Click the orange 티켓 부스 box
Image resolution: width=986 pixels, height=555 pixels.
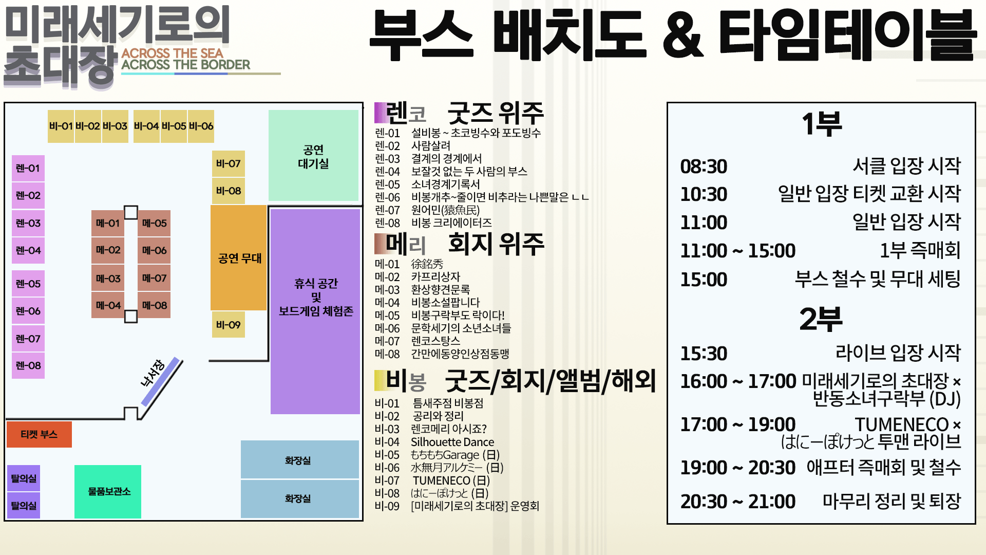39,434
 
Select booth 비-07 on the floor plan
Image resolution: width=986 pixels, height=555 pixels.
229,163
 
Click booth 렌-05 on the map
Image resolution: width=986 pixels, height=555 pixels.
28,284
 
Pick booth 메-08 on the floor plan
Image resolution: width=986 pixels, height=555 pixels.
154,305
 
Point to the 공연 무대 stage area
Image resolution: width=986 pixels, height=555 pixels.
239,257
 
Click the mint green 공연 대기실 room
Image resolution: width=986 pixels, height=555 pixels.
313,155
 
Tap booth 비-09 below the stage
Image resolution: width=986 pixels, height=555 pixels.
229,325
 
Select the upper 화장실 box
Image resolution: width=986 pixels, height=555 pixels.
299,460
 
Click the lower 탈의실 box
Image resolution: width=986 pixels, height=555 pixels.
24,506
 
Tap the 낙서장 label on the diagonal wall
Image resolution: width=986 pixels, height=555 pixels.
153,373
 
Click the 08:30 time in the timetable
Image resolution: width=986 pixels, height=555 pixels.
704,166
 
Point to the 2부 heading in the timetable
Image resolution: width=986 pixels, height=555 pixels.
821,319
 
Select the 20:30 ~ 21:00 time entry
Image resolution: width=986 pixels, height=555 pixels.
738,502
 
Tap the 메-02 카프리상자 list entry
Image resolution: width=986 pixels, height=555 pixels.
418,277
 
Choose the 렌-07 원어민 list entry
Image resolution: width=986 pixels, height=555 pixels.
427,210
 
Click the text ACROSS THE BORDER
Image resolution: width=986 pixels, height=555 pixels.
186,65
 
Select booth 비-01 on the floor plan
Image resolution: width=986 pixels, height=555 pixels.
61,126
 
